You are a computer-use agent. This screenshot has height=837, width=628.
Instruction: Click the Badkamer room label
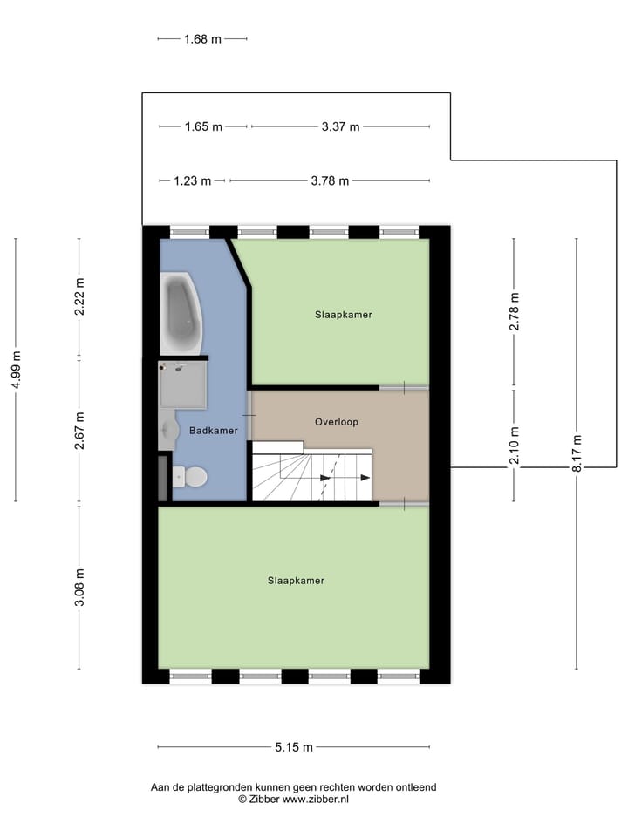point(213,430)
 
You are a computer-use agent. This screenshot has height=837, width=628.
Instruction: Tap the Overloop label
point(337,421)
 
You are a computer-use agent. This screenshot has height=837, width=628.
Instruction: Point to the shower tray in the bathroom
point(183,385)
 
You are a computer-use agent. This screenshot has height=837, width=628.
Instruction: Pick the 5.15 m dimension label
point(294,747)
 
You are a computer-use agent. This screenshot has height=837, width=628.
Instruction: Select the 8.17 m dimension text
point(576,453)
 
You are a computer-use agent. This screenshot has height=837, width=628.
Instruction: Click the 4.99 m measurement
point(16,371)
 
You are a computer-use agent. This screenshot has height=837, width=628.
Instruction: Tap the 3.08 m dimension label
point(78,587)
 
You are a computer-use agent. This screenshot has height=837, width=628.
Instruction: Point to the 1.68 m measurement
point(202,38)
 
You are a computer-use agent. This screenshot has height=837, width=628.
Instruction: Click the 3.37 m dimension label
point(340,126)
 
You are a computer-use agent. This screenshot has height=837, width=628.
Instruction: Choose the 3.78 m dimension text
point(330,181)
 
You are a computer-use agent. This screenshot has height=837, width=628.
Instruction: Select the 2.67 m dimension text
point(78,431)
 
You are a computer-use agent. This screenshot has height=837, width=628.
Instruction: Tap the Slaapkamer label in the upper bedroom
point(344,315)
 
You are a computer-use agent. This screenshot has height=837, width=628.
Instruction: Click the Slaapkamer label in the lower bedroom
point(296,580)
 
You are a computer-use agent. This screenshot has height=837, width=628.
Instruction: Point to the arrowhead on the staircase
point(326,478)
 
